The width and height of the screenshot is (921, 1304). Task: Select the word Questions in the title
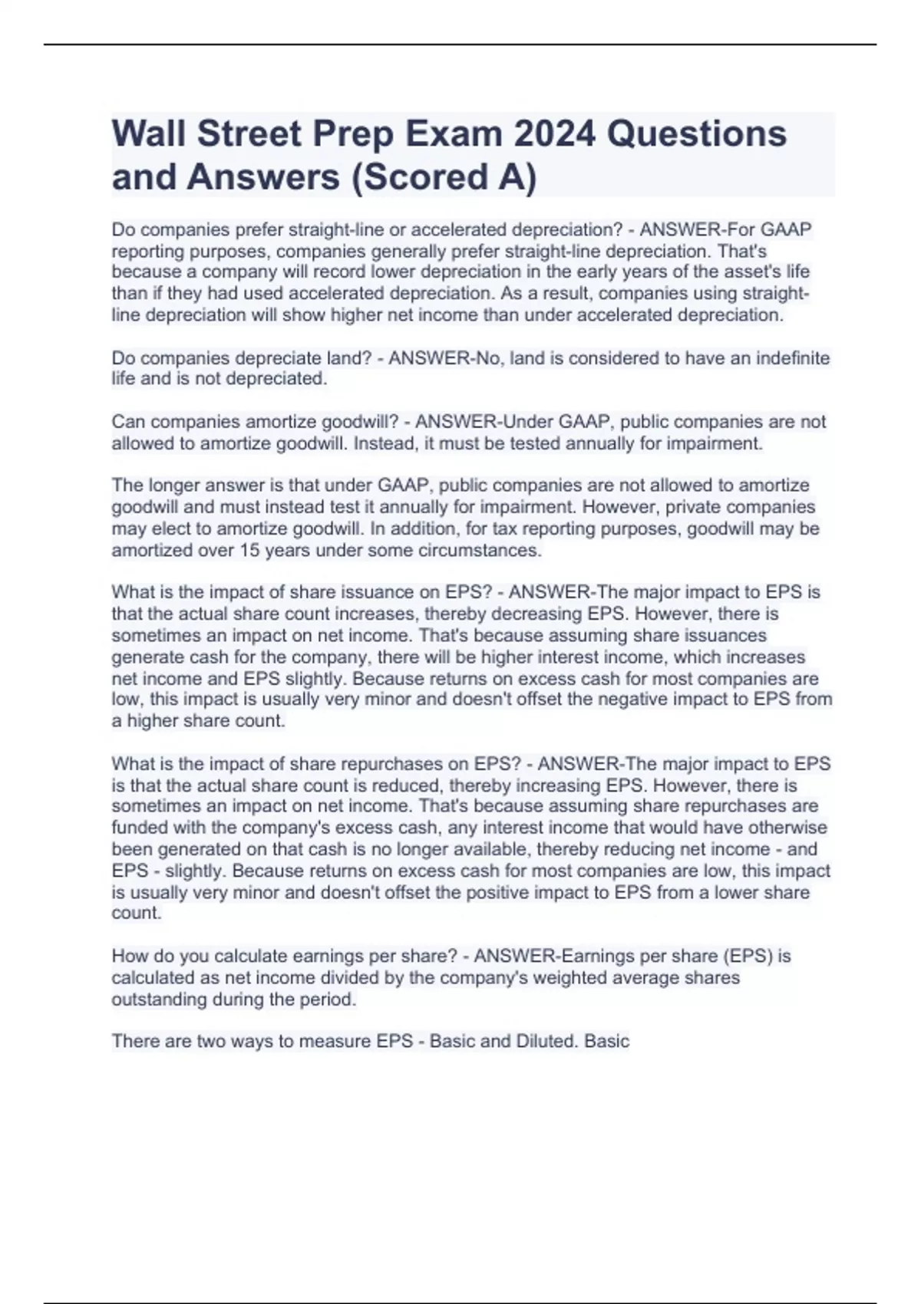[697, 134]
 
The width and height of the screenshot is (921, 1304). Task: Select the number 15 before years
[249, 551]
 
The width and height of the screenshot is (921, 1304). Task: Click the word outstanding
[159, 999]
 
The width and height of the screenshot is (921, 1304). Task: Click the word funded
[135, 828]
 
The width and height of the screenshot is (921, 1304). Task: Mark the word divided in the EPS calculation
[369, 978]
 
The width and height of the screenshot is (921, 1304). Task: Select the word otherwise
[787, 828]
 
